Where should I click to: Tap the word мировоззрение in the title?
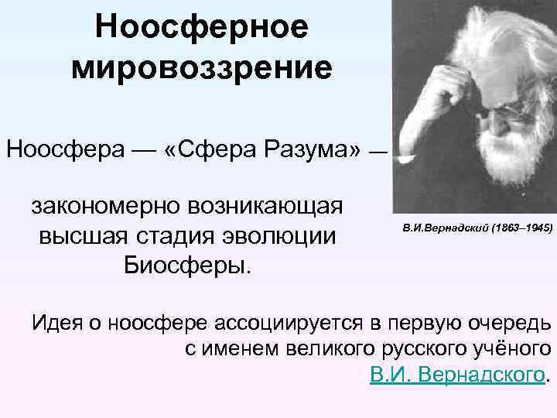[x=202, y=67]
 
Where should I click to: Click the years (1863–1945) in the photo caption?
[x=521, y=230]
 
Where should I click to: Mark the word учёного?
[x=511, y=349]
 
